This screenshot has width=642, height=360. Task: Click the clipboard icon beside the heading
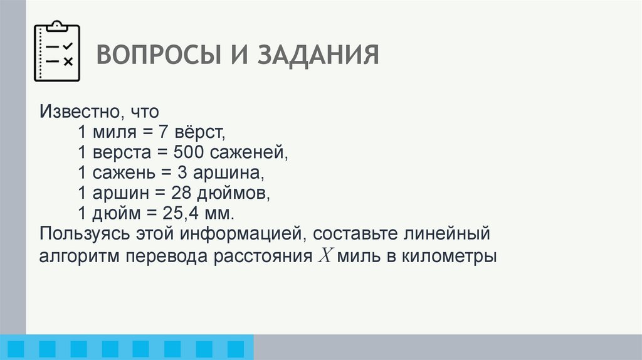56,51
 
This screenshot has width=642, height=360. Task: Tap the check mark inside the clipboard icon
68,46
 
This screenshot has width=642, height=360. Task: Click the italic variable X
326,257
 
